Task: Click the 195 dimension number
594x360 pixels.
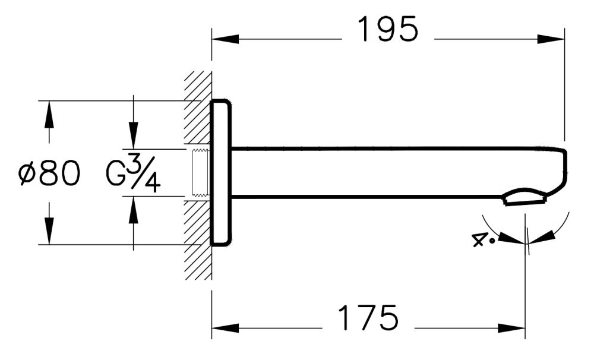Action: click(388, 30)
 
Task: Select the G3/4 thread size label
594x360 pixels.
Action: click(133, 173)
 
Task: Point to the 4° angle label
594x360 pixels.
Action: click(483, 240)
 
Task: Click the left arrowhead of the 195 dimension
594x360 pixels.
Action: click(225, 40)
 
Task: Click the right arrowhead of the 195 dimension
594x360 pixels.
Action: click(551, 40)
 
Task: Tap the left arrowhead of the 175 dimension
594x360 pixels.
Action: click(225, 328)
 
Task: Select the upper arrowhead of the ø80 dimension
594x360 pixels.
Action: click(49, 114)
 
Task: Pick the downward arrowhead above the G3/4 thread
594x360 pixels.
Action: click(133, 135)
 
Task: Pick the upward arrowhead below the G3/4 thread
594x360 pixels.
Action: click(133, 209)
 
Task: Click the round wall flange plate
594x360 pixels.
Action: click(220, 172)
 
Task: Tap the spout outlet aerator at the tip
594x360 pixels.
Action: click(525, 198)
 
